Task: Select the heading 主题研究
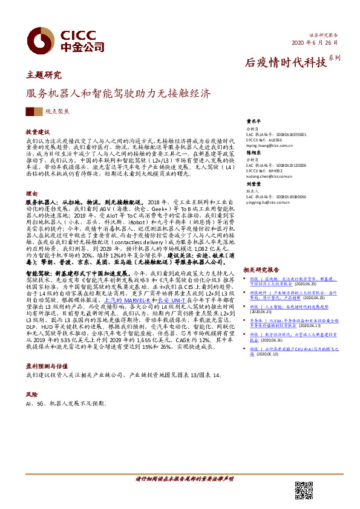[44, 76]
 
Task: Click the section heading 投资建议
[37, 131]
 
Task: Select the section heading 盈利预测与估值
[44, 365]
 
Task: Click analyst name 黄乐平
[252, 121]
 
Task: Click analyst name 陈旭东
[252, 154]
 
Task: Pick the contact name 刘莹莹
[252, 184]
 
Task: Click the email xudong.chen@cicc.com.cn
[270, 177]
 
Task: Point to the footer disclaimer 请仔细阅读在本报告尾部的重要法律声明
[184, 479]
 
